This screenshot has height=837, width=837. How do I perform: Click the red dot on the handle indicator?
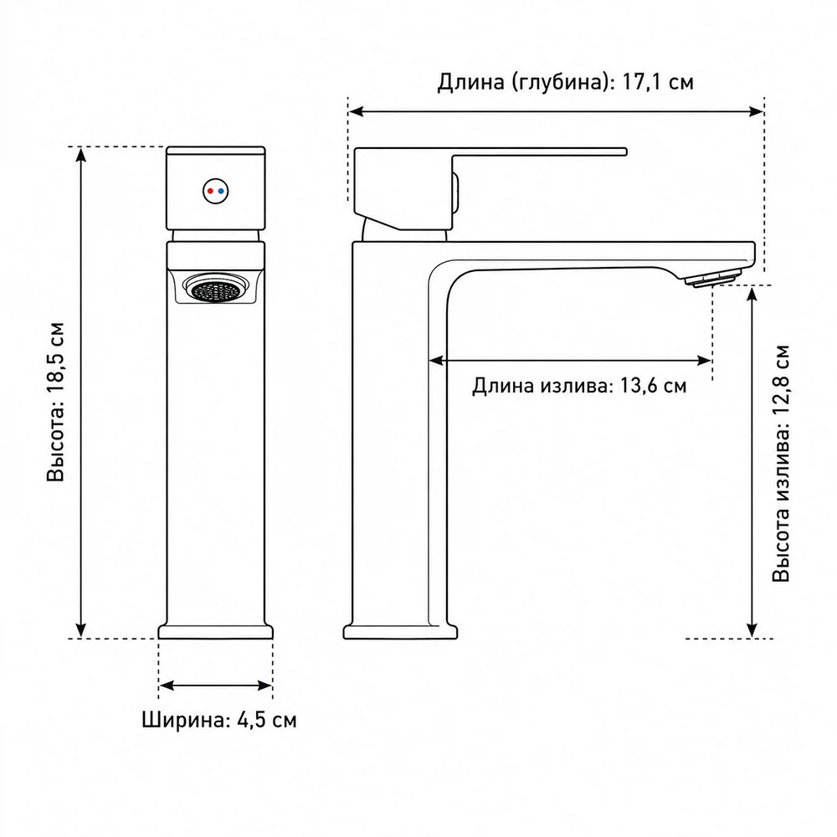[211, 191]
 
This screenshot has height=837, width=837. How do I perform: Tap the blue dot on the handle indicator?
[221, 191]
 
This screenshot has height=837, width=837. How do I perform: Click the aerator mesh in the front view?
[216, 290]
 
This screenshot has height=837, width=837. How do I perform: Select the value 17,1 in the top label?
[640, 83]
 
